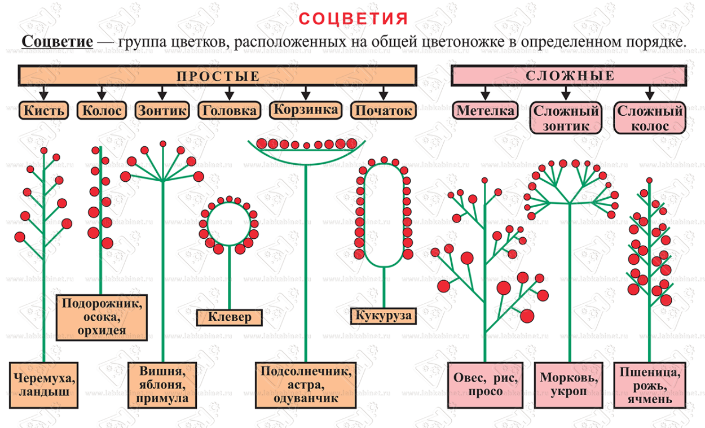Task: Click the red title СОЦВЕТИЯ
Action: tap(353, 19)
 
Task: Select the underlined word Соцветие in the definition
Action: tap(57, 42)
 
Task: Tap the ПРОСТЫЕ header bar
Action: tap(218, 76)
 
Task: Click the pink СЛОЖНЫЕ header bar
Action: tap(569, 76)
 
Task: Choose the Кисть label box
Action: tap(43, 111)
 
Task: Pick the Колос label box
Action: tap(102, 111)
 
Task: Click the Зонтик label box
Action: tap(162, 111)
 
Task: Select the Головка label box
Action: tap(230, 111)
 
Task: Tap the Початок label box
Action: tap(384, 111)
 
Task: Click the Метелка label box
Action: tap(486, 111)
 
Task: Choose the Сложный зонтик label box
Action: tap(566, 118)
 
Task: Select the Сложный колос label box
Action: tap(650, 118)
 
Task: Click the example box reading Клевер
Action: tap(230, 317)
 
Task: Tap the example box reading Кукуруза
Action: tap(384, 316)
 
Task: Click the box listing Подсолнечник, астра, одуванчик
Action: tap(306, 385)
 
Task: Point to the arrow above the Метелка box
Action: tap(485, 94)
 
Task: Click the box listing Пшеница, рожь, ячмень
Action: tap(649, 385)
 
